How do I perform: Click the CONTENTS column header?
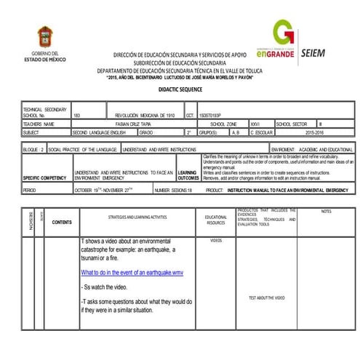[63, 222]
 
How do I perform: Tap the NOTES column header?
[326, 212]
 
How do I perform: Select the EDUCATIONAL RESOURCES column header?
[215, 219]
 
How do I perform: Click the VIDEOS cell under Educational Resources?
[215, 240]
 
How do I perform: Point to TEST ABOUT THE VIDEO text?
[266, 298]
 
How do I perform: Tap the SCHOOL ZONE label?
[223, 124]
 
